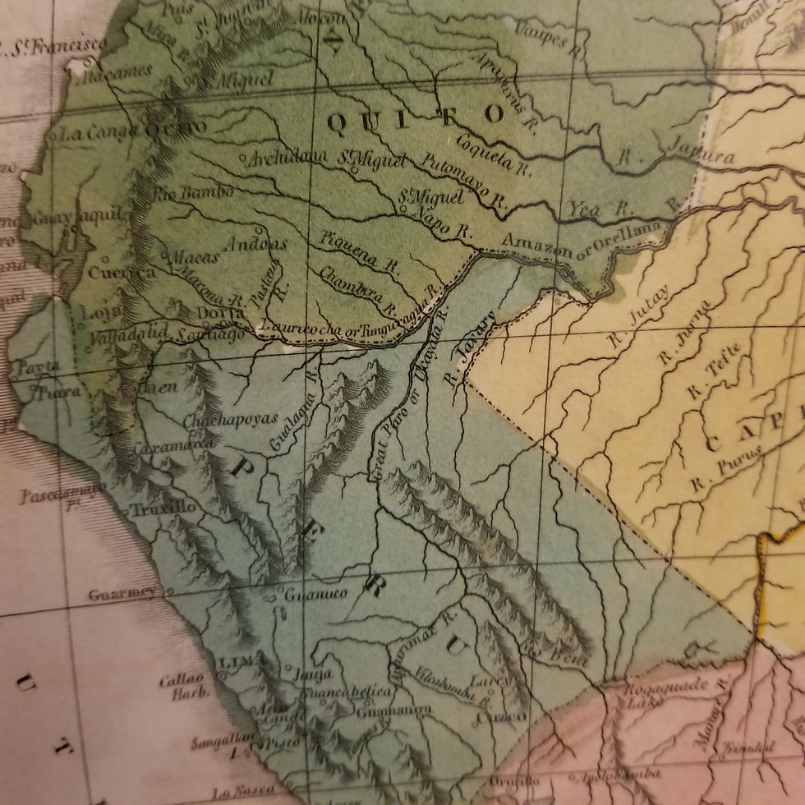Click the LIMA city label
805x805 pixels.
(239, 660)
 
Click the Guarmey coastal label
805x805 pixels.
(122, 593)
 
